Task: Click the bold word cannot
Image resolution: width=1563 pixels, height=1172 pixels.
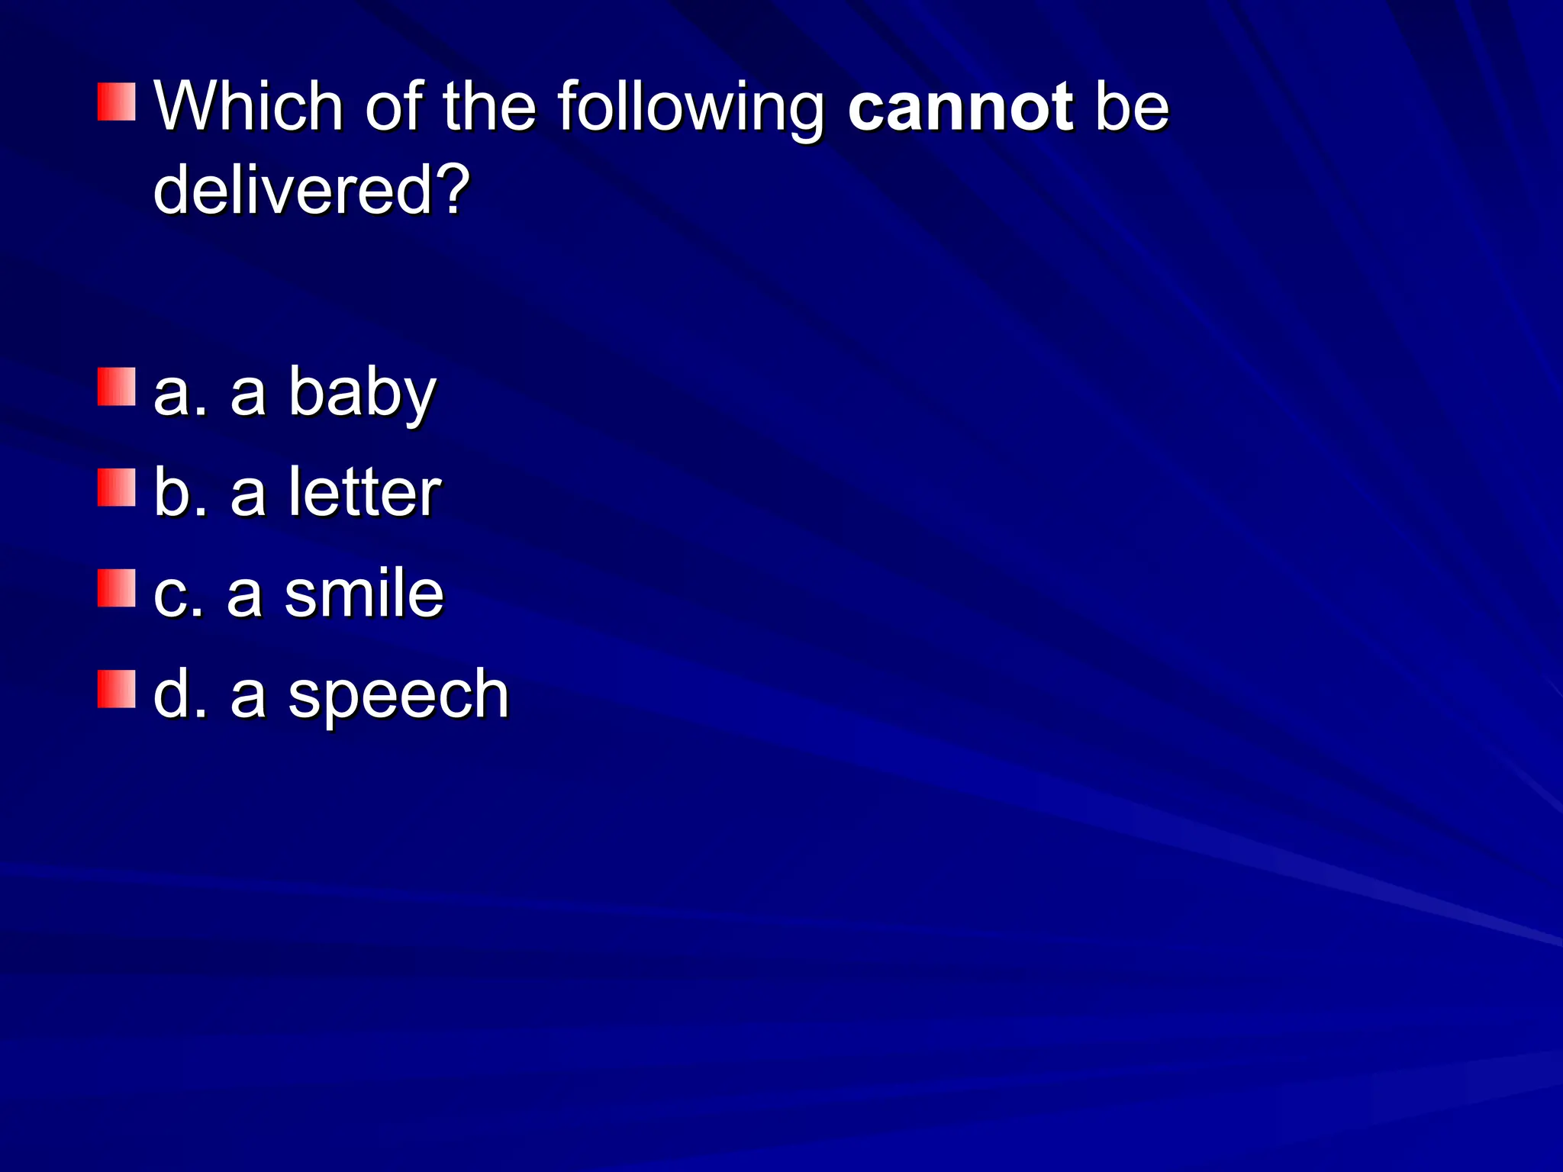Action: coord(960,107)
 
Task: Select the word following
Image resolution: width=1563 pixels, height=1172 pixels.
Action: coord(691,108)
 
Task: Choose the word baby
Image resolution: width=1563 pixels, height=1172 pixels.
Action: coord(362,394)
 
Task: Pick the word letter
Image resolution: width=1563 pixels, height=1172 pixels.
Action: coord(365,493)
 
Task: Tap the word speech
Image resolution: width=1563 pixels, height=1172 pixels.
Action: coord(398,696)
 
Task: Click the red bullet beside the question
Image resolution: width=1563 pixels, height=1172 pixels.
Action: coord(116,102)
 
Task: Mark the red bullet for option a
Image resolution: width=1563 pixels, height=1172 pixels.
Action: coord(116,387)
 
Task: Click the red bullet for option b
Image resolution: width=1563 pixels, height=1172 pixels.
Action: coord(116,488)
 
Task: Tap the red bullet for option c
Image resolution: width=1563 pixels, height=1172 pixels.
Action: coord(116,588)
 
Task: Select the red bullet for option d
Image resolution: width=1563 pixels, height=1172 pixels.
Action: coord(116,689)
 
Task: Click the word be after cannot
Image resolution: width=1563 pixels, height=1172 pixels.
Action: coord(1132,107)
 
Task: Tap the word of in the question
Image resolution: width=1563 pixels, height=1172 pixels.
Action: coord(393,107)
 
